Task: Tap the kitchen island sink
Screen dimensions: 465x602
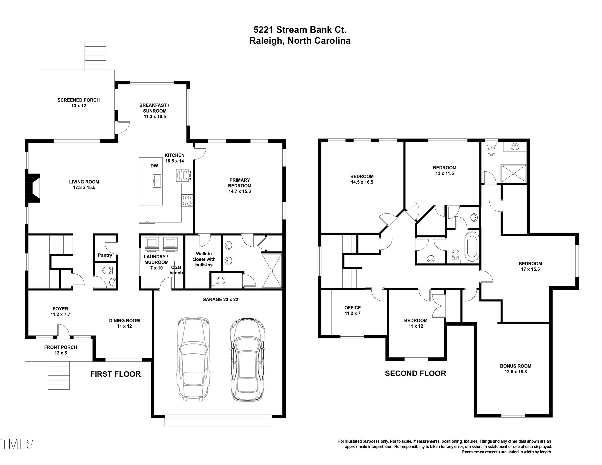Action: [x=157, y=181]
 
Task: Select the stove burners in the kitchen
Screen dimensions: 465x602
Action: [x=187, y=200]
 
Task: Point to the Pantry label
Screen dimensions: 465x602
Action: [x=105, y=255]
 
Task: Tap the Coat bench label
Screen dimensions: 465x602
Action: [x=176, y=270]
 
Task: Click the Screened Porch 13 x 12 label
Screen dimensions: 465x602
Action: [x=78, y=103]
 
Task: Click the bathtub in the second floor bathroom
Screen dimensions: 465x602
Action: [x=472, y=247]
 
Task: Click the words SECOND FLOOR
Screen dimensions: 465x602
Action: [x=415, y=373]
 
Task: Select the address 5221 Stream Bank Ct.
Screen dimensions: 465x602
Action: [x=300, y=29]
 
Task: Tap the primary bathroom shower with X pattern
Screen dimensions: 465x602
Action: [x=272, y=271]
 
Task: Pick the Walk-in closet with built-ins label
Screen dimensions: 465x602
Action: [x=204, y=259]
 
